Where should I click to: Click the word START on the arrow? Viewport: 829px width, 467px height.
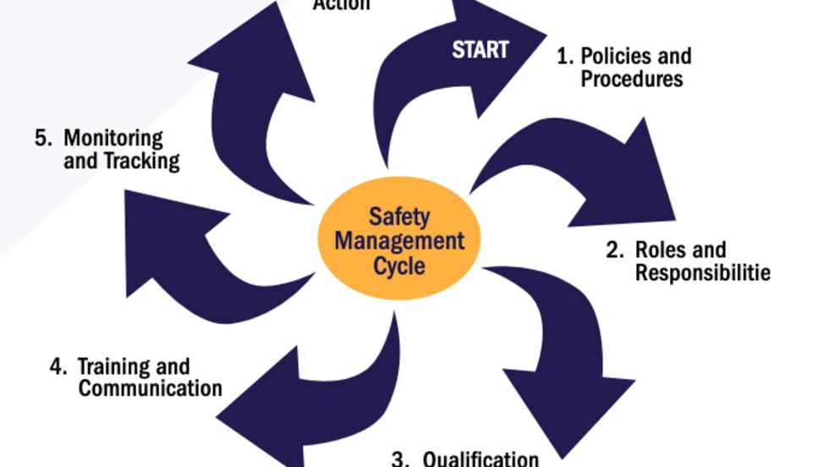[x=480, y=50]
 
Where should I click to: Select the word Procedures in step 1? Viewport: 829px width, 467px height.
[x=631, y=79]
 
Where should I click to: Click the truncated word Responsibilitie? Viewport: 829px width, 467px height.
[x=702, y=273]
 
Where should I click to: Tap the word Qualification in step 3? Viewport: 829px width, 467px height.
[x=480, y=459]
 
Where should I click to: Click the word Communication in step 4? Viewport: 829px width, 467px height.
[x=150, y=388]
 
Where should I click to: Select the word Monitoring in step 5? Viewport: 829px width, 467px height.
[x=113, y=138]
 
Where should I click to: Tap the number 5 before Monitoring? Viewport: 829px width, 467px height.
[x=41, y=138]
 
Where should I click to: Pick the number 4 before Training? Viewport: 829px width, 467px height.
[x=56, y=367]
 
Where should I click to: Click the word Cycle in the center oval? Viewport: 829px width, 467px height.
[x=399, y=265]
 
